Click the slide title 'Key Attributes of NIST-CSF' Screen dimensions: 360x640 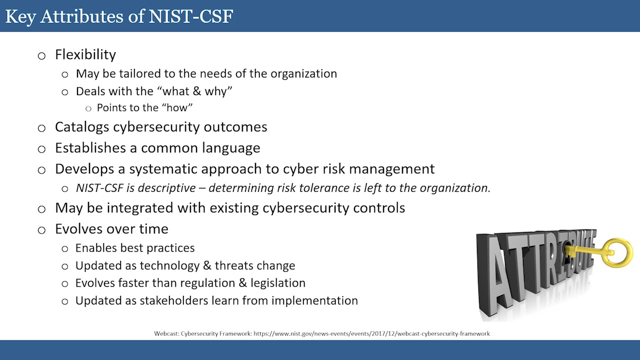119,16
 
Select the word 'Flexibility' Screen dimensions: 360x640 85,54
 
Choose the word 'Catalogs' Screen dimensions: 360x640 82,127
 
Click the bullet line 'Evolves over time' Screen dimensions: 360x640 111,229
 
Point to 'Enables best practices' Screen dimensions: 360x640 135,248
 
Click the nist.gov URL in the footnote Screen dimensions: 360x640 371,333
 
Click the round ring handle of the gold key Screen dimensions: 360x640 618,252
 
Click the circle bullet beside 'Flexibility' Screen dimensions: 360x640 41,55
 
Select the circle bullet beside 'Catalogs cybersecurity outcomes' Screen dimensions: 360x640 41,128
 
